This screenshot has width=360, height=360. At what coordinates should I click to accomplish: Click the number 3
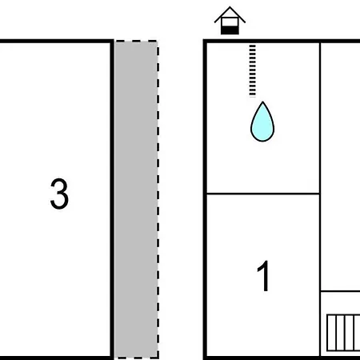click(59, 194)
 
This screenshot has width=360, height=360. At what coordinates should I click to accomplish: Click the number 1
click(264, 276)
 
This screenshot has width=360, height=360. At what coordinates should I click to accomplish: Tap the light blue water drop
click(262, 122)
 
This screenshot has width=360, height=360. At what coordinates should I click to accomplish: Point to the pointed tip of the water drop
click(262, 102)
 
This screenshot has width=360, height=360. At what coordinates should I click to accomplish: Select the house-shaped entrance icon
click(230, 21)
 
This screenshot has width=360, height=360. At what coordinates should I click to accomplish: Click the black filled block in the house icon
click(230, 30)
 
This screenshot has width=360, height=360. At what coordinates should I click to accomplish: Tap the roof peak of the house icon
click(230, 7)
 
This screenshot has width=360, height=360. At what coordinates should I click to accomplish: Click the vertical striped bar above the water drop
click(252, 70)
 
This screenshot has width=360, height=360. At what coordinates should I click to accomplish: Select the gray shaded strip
click(136, 199)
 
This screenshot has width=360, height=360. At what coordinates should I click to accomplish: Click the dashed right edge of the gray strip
click(158, 199)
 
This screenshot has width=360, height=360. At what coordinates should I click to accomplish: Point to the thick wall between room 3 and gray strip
click(112, 199)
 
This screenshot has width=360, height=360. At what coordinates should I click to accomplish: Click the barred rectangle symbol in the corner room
click(343, 333)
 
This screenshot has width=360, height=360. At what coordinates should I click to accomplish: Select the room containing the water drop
click(263, 118)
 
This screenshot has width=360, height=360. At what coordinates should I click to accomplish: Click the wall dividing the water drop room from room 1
click(263, 194)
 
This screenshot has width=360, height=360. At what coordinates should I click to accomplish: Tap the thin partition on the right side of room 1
click(320, 274)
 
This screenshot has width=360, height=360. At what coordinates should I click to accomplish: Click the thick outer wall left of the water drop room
click(205, 118)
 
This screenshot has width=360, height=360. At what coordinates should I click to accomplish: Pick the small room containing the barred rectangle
click(340, 324)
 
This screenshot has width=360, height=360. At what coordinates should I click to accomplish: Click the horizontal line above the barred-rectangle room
click(340, 291)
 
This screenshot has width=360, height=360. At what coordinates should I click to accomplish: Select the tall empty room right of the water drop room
click(340, 166)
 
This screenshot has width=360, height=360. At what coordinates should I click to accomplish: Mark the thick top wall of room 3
click(56, 41)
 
